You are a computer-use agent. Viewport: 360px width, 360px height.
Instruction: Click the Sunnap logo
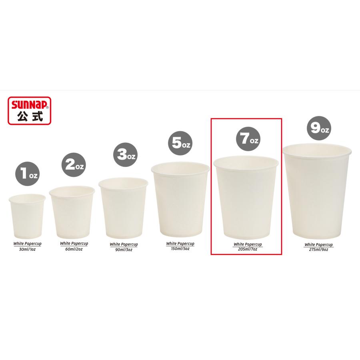coord(29,111)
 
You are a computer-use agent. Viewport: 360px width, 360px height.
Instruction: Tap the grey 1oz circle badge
coord(27,174)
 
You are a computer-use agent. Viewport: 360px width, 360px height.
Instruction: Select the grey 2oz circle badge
coord(74,165)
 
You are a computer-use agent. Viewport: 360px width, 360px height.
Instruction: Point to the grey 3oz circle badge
coord(125,155)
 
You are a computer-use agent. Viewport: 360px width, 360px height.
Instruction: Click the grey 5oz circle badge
coord(180,143)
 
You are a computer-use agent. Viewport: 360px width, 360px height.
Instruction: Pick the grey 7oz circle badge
coord(248,139)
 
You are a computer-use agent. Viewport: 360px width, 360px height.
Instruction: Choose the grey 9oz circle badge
coord(319,128)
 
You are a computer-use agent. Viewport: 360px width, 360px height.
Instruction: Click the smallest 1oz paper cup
coord(27,216)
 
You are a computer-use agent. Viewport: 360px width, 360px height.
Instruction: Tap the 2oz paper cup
coord(72,212)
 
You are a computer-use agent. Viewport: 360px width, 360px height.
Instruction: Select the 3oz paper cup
coord(123,208)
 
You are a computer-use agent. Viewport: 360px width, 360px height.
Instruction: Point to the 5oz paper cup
coord(180,200)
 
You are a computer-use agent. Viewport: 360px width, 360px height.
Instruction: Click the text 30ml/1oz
coord(27,249)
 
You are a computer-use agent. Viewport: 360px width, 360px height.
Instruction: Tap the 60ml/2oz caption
coord(74,249)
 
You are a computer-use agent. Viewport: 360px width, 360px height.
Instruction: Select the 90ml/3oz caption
coord(124,250)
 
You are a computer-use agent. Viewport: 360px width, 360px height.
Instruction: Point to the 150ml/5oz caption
coord(180,249)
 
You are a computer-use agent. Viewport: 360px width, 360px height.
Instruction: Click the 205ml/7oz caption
coord(248,249)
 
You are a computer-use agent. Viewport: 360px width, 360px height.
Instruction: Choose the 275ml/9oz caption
coord(319,250)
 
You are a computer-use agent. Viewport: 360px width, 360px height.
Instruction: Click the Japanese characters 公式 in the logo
coord(30,116)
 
